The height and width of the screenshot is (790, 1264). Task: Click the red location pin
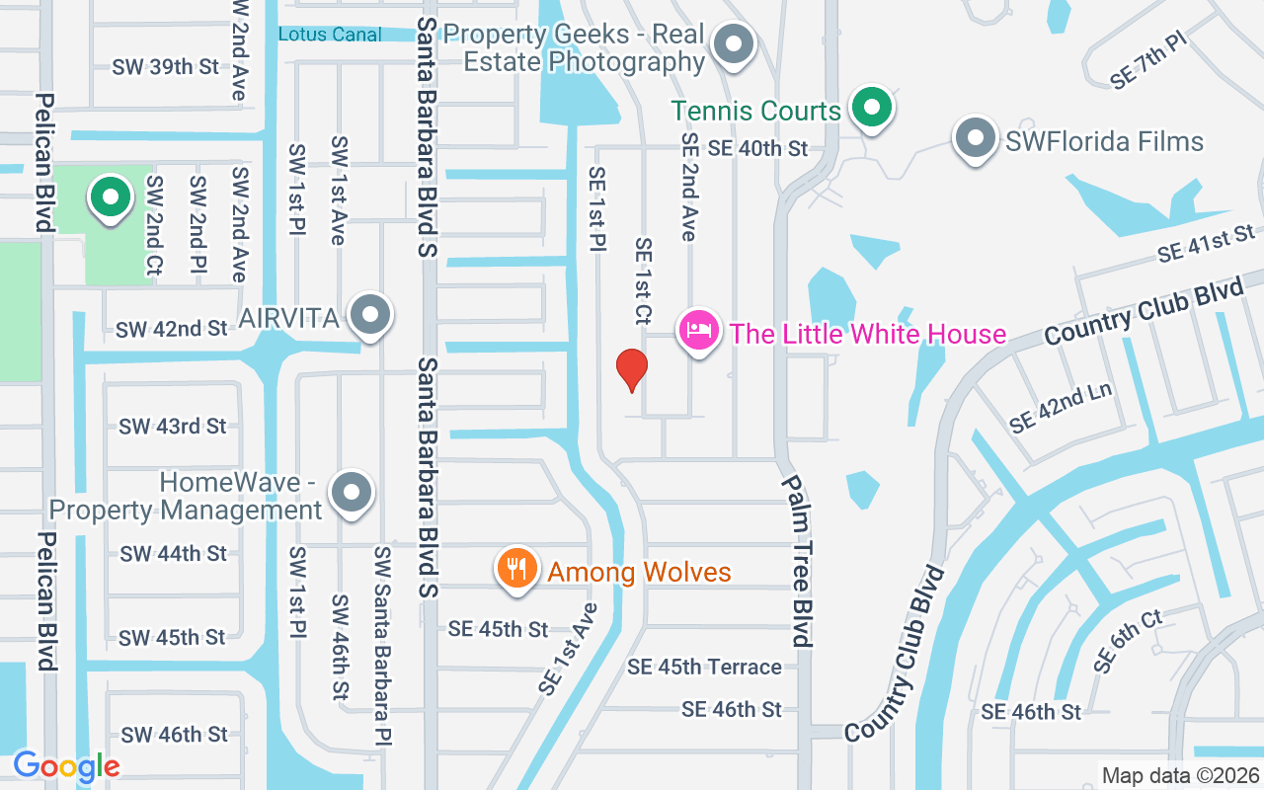click(632, 370)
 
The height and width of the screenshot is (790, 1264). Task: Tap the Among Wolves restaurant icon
click(515, 569)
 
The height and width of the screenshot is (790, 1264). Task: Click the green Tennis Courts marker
click(871, 107)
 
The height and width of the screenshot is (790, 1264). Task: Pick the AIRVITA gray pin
click(370, 315)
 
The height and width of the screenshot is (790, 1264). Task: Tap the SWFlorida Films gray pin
click(976, 139)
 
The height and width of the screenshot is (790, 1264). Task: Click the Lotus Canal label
click(330, 35)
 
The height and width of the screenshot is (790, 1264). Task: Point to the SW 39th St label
click(166, 67)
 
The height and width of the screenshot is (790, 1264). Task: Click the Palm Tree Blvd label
click(798, 560)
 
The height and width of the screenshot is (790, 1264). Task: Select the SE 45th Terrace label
click(704, 668)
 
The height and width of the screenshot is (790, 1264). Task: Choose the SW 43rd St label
click(173, 427)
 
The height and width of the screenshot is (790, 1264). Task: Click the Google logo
click(66, 766)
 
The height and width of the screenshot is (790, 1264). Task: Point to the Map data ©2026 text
click(1180, 776)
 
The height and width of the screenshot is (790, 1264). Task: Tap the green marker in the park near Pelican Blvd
click(111, 197)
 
